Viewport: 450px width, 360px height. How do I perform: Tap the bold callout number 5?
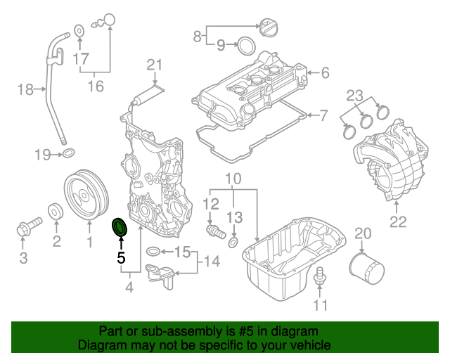click(x=121, y=259)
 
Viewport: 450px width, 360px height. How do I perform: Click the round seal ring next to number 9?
click(x=245, y=46)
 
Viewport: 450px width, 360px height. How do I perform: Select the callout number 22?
click(x=399, y=222)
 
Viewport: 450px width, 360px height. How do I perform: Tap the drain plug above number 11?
click(x=321, y=277)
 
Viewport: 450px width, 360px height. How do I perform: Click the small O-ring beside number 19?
click(x=69, y=153)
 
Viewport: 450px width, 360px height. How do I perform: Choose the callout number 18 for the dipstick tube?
click(x=25, y=89)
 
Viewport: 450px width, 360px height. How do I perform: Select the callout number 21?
click(x=155, y=66)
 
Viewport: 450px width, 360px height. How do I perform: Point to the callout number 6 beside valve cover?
click(x=325, y=72)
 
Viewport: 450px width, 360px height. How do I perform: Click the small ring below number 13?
click(x=233, y=243)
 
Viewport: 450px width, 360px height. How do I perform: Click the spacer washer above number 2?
click(x=54, y=212)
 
